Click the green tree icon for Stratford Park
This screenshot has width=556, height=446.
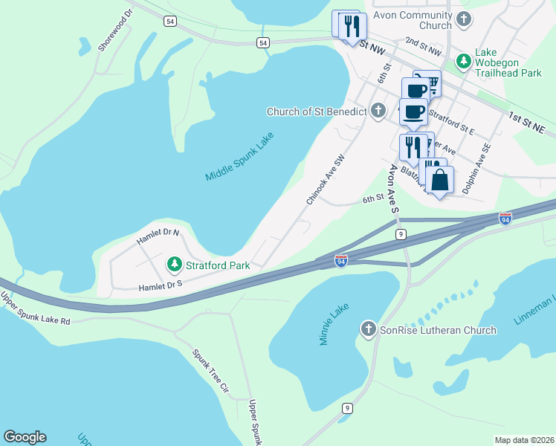coord(174,264)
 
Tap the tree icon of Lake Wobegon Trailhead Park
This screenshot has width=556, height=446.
coord(464,60)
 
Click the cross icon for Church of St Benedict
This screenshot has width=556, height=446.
coord(378,111)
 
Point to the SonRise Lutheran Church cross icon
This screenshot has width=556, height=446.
coord(368,329)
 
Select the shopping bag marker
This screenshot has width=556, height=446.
coord(440,180)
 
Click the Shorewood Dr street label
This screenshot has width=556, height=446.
coord(116,31)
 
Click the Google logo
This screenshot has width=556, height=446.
coord(25,437)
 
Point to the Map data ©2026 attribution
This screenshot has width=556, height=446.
coord(524,439)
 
